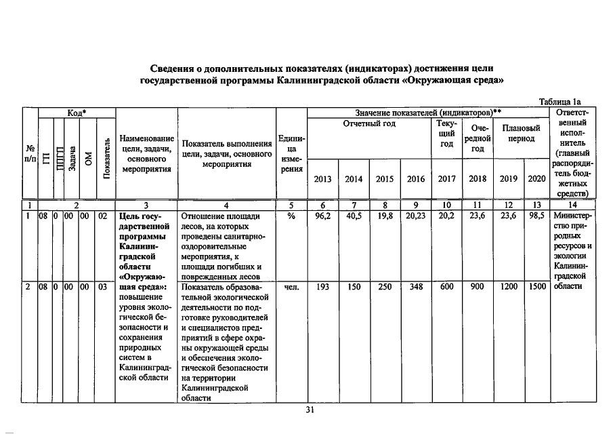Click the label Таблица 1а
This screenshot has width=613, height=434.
[x=558, y=102]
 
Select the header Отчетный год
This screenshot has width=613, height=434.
[x=369, y=123]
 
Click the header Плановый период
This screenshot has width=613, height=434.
[x=520, y=133]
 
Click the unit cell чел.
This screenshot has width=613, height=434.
[x=291, y=287]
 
